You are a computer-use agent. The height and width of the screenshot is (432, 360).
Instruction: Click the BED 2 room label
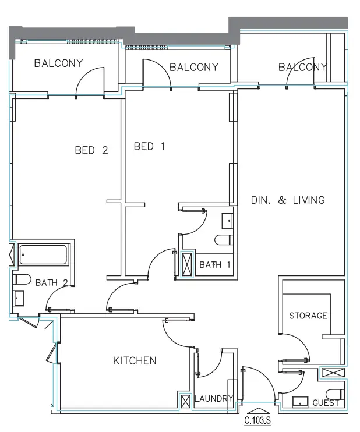click(x=91, y=150)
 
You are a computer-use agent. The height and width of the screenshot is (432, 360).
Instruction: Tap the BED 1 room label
click(x=149, y=146)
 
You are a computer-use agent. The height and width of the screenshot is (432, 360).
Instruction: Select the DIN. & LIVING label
click(x=288, y=200)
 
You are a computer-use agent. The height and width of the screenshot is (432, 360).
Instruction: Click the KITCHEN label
click(x=135, y=360)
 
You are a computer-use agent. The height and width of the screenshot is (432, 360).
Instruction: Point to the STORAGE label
click(x=308, y=316)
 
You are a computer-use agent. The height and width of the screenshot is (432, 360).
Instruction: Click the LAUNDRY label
click(x=214, y=399)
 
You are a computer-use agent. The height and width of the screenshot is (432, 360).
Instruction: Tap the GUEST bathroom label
click(x=326, y=403)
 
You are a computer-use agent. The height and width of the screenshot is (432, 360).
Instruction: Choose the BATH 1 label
click(x=215, y=265)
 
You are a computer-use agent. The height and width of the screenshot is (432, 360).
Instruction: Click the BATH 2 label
click(x=51, y=283)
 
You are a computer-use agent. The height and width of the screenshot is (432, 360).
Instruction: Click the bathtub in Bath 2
click(x=43, y=254)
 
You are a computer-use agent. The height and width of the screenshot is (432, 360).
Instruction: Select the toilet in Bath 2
click(x=22, y=279)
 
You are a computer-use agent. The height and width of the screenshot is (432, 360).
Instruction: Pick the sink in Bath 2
click(x=19, y=298)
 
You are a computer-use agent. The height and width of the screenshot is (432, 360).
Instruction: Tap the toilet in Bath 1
click(x=224, y=240)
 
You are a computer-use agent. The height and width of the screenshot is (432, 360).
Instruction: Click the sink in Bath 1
click(x=228, y=221)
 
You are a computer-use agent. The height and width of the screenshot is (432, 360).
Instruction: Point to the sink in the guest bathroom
click(x=300, y=402)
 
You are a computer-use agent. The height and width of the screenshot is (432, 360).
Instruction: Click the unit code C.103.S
click(x=257, y=421)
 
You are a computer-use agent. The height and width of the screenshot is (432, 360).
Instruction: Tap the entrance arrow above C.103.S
click(x=258, y=411)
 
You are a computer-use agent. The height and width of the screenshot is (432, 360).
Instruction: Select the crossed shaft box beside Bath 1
click(x=187, y=265)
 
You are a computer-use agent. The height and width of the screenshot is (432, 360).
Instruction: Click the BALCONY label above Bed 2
click(x=58, y=63)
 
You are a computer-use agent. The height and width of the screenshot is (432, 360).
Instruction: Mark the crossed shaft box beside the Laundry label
click(x=185, y=401)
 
